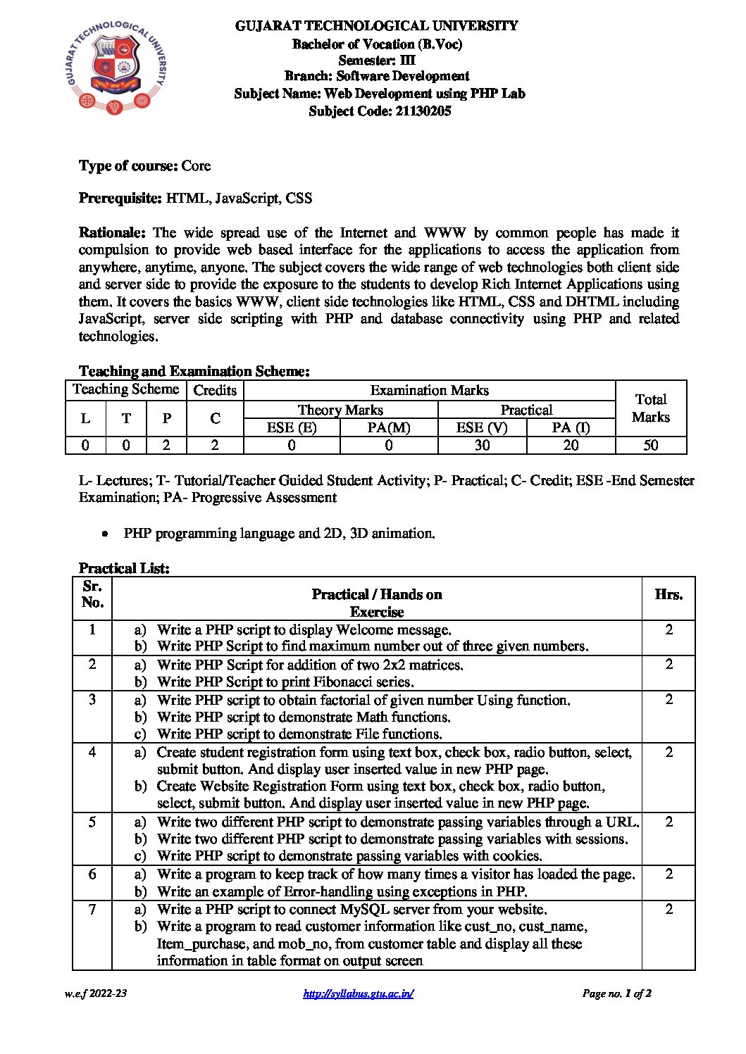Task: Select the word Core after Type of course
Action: (196, 166)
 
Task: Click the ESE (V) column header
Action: (482, 427)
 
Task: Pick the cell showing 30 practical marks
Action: (482, 445)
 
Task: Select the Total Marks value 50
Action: (650, 445)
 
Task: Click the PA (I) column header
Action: (571, 427)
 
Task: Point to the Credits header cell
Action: (215, 390)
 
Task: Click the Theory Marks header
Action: (340, 410)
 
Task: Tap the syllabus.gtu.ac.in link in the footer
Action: (358, 993)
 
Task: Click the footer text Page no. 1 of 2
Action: (616, 993)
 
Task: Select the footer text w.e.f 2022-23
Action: (96, 993)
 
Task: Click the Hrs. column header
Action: (668, 595)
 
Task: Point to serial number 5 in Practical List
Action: (92, 822)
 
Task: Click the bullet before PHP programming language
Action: (105, 534)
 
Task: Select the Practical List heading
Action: (124, 568)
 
